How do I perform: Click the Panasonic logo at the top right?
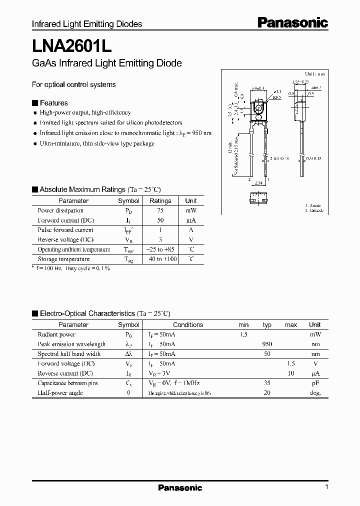pos(292,22)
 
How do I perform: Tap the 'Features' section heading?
pos(53,103)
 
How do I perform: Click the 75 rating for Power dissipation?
pos(160,210)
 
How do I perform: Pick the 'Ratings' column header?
pos(160,200)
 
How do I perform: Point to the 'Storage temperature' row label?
pos(63,259)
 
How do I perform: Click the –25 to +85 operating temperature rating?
pos(160,249)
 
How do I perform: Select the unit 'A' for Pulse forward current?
pos(191,230)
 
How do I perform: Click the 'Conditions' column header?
pos(188,324)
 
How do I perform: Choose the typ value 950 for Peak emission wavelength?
pos(267,344)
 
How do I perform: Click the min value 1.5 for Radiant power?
pos(243,334)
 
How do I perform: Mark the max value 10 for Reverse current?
pos(290,373)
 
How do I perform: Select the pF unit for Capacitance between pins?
pos(315,383)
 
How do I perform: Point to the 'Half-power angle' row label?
pos(60,393)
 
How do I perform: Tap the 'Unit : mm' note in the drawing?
pos(314,73)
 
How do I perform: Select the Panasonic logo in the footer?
pos(180,487)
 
